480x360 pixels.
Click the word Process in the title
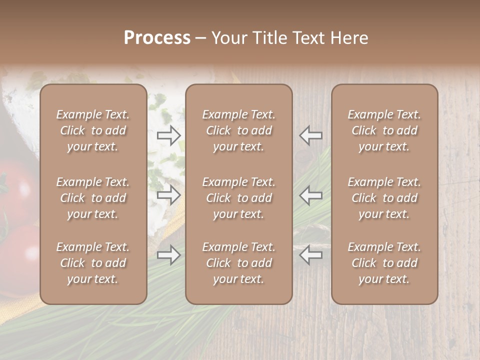click(x=157, y=38)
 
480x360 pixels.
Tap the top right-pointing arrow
click(x=169, y=135)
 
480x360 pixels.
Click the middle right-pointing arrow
click(x=169, y=195)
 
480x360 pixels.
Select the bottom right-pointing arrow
click(x=169, y=255)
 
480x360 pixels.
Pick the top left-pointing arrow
click(x=310, y=135)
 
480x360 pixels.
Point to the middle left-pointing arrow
click(x=310, y=195)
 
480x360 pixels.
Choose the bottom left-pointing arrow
click(x=310, y=255)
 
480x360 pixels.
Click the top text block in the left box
click(x=93, y=130)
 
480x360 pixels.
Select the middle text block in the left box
click(x=93, y=198)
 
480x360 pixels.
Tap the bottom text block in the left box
click(x=93, y=263)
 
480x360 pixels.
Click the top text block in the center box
click(x=238, y=130)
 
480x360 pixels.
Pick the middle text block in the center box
click(x=238, y=198)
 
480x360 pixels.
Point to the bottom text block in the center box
click(x=238, y=263)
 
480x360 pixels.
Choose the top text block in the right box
click(x=384, y=130)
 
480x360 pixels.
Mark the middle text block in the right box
click(x=384, y=198)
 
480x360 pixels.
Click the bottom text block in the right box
click(x=384, y=263)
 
